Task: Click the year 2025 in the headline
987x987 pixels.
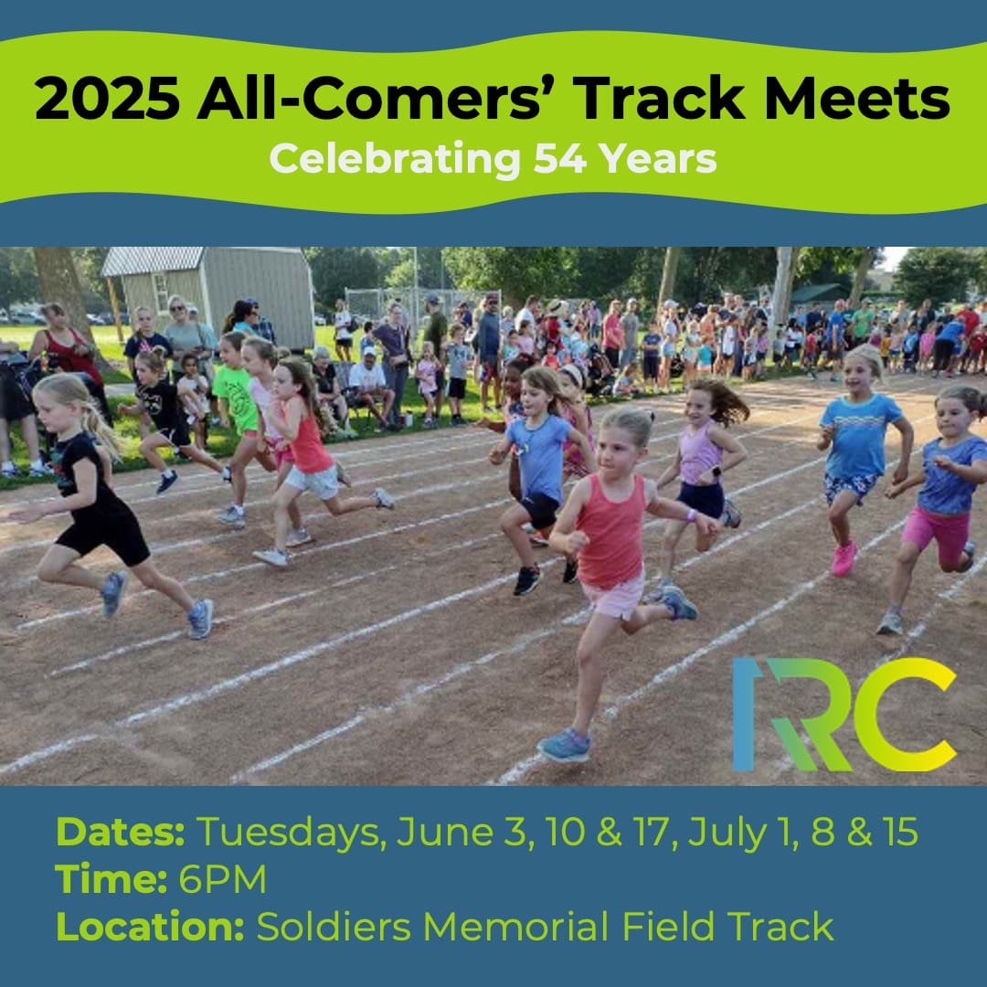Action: click(107, 99)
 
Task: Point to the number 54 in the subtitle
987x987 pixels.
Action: click(560, 159)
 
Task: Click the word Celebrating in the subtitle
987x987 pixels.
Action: click(396, 160)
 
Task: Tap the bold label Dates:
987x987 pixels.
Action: click(121, 832)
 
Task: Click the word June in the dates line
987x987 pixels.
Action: click(444, 833)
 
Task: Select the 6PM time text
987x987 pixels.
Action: click(223, 879)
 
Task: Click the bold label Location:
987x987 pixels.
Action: click(150, 927)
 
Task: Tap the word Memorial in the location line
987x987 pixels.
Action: click(516, 927)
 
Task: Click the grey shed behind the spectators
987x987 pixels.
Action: click(214, 292)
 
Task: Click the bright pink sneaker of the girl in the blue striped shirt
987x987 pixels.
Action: click(844, 558)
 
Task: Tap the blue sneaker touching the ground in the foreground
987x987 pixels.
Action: click(564, 746)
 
